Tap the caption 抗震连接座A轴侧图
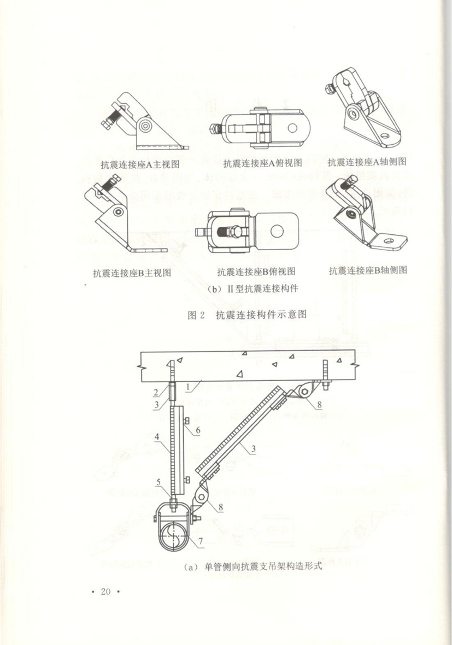click(367, 162)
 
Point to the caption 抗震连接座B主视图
click(132, 273)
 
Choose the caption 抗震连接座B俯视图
click(256, 271)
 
